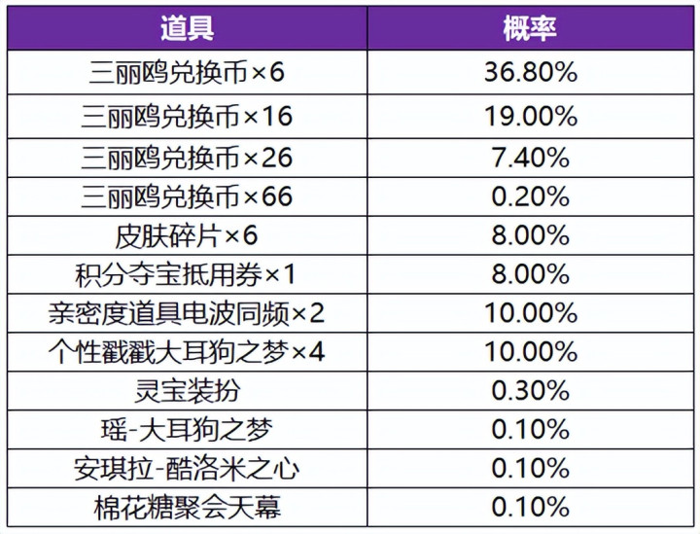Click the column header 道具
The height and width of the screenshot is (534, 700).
pos(187,28)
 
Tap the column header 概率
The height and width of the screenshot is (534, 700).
pos(530,28)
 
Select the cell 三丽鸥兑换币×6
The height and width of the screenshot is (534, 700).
pos(187,72)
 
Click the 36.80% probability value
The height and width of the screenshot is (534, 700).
pos(531,72)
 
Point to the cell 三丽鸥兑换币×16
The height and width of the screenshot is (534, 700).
pos(187,117)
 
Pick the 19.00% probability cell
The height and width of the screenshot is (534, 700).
pos(531,117)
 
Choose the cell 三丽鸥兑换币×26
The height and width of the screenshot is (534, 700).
pos(187,158)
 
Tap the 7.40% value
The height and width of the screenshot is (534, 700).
pos(531,158)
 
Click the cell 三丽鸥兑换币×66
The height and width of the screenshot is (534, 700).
pos(187,196)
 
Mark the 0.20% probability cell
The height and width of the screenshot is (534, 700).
pos(531,196)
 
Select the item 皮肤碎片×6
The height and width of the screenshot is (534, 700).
pos(187,235)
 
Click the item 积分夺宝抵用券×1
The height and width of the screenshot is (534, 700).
pos(186,274)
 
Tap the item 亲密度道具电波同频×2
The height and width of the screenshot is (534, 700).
pos(187,313)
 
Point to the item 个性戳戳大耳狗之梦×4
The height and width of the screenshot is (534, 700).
pos(187,352)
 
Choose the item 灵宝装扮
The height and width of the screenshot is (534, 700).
pos(187,391)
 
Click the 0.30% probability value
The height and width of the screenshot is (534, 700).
pos(531,391)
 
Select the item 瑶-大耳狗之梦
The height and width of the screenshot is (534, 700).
pos(187,430)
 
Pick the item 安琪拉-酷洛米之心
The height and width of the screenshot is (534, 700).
pos(187,469)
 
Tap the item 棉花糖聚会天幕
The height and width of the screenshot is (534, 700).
pos(187,508)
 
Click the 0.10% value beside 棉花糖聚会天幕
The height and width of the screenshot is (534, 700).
pos(531,508)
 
